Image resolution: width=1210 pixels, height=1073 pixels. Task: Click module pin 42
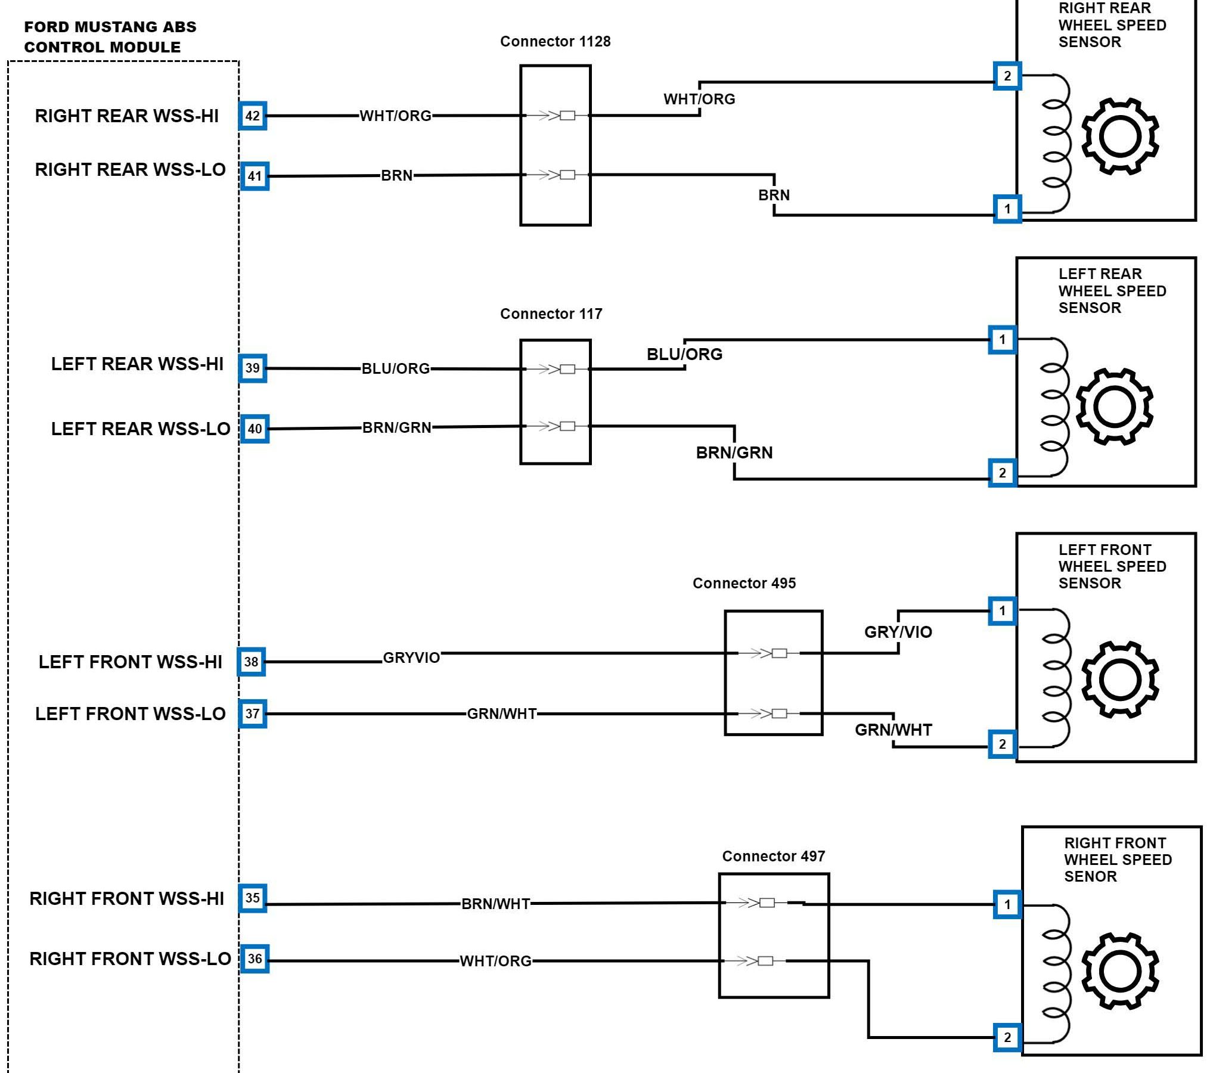[x=253, y=116]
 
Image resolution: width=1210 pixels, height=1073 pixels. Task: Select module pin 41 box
[x=255, y=176]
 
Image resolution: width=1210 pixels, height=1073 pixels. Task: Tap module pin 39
[x=253, y=368]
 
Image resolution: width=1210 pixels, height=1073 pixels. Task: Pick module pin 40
[x=255, y=429]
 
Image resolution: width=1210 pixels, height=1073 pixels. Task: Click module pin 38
[x=252, y=662]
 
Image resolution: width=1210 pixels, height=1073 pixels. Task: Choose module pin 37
[x=253, y=714]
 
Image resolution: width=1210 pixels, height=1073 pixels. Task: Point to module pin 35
[x=253, y=898]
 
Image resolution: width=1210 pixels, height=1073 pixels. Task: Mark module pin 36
[x=255, y=959]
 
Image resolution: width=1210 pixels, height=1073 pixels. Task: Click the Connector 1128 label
[x=555, y=41]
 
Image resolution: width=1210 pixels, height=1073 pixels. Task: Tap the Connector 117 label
[x=551, y=314]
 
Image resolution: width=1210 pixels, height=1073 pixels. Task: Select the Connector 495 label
[x=744, y=583]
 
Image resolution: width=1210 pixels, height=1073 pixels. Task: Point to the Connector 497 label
[x=773, y=856]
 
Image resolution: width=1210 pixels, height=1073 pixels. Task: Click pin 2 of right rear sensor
[x=1007, y=76]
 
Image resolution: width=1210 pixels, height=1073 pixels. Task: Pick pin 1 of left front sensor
[x=1003, y=610]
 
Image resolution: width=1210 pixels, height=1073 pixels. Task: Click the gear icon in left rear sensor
[x=1114, y=407]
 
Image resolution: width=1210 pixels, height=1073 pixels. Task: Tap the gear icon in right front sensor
[x=1120, y=970]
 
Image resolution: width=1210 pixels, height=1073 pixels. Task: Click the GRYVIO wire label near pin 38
[x=411, y=658]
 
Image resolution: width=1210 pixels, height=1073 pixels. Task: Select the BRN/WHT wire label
[x=495, y=904]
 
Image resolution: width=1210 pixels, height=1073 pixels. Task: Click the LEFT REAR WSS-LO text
[x=141, y=429]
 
